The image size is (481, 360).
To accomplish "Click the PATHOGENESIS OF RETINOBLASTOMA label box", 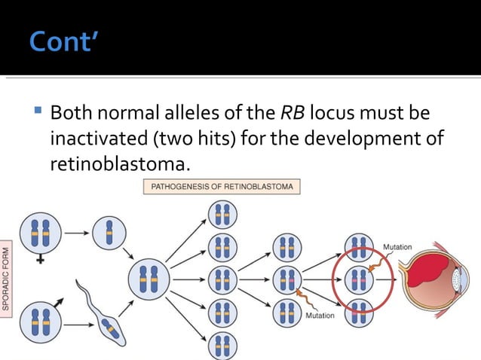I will coord(222,186).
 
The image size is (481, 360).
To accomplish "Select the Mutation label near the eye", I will coord(397,248).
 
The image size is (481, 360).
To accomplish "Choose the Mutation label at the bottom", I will coord(320,316).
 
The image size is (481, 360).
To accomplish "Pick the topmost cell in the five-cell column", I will coord(222,215).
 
